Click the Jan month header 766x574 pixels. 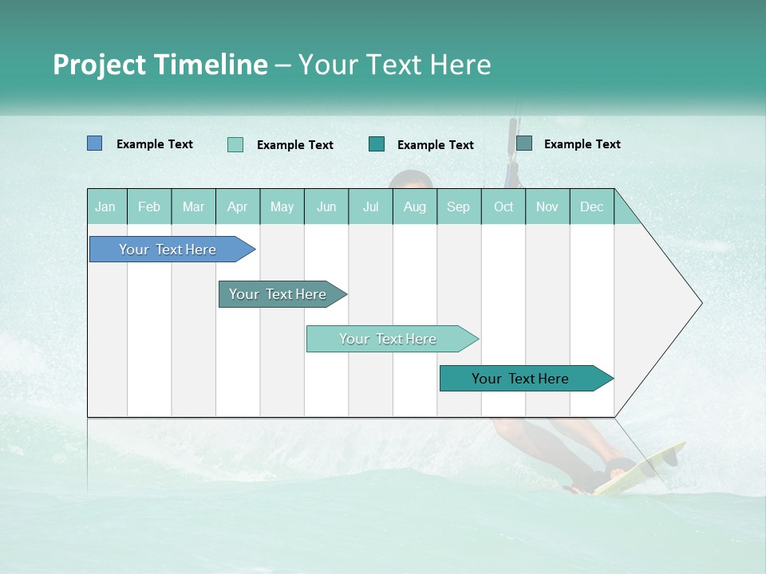click(x=105, y=207)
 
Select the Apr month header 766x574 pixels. click(x=238, y=207)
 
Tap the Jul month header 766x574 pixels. click(x=370, y=207)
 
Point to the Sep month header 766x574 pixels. click(x=458, y=207)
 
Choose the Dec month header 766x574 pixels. click(x=591, y=207)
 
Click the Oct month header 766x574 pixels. click(x=503, y=207)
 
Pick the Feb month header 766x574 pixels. click(x=149, y=207)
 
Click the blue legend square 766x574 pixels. click(x=95, y=143)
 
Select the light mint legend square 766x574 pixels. click(x=235, y=144)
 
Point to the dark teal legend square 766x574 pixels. click(x=377, y=144)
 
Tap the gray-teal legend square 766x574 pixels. click(x=524, y=143)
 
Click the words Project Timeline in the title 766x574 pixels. click(x=160, y=65)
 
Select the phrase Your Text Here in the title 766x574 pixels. click(x=394, y=65)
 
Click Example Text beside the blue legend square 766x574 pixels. click(x=155, y=144)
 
